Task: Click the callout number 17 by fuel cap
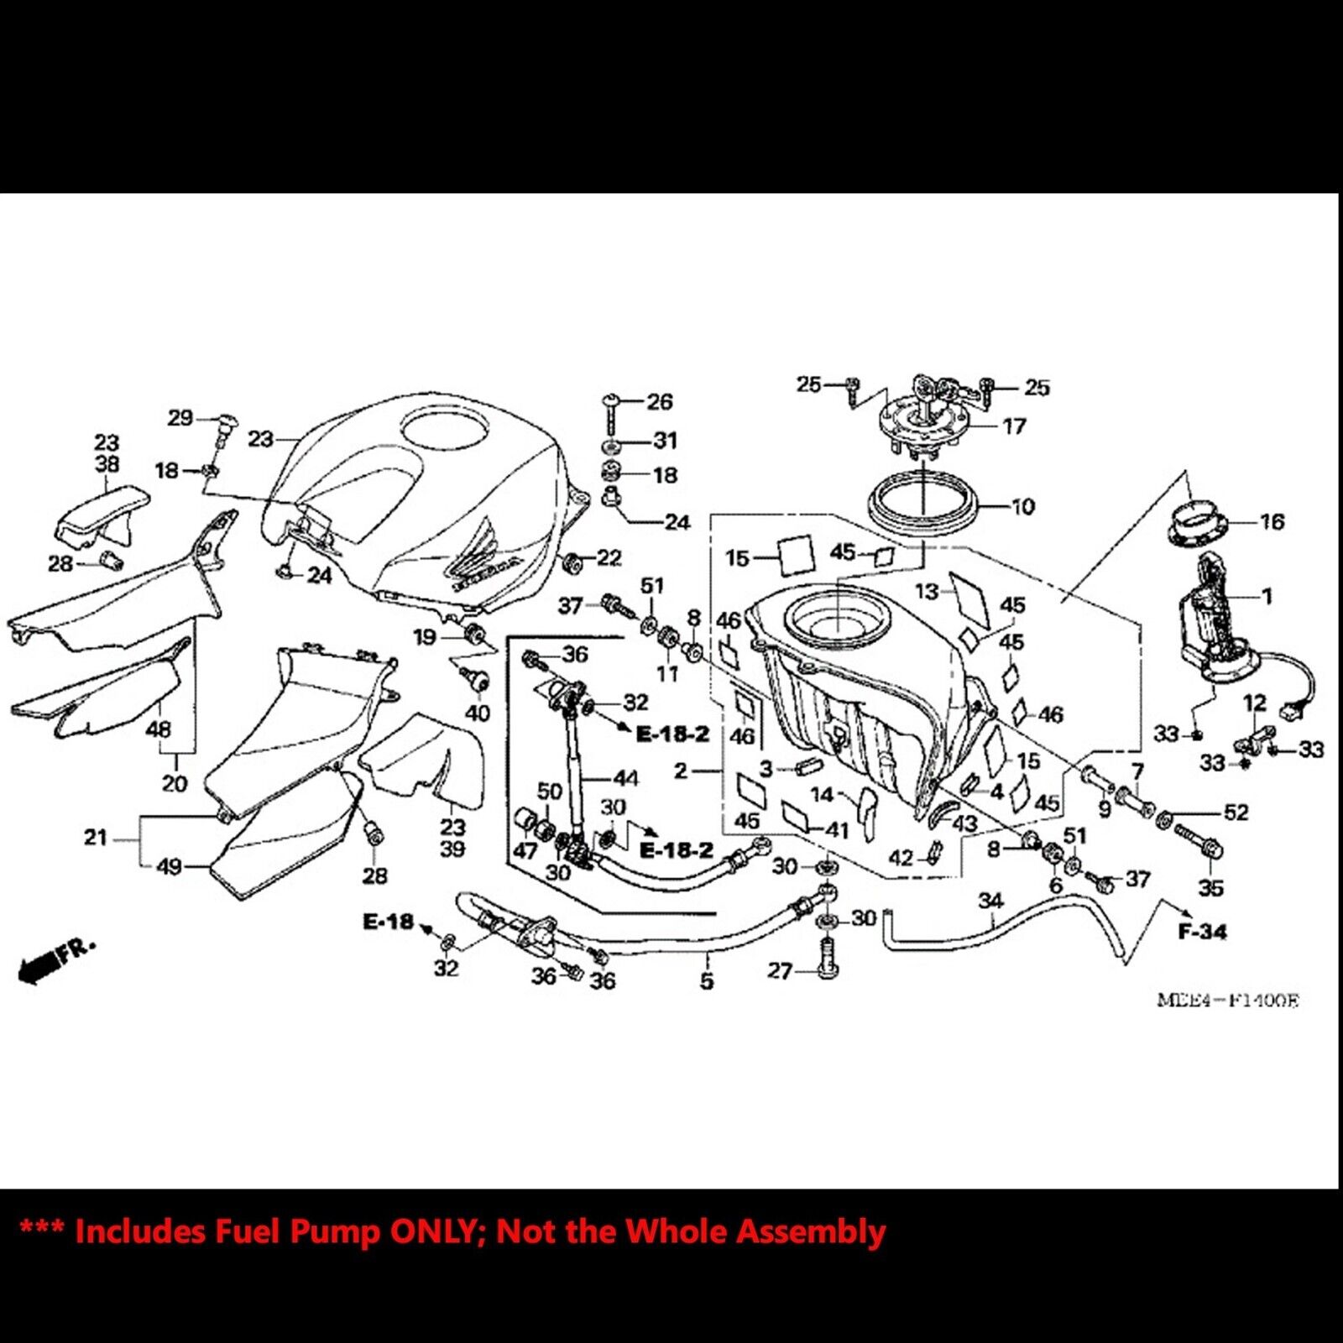pyautogui.click(x=1014, y=426)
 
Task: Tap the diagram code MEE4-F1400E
pyautogui.click(x=1227, y=1000)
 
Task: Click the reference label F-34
pyautogui.click(x=1202, y=931)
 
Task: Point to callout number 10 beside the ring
pyautogui.click(x=1023, y=506)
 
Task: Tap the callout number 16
pyautogui.click(x=1272, y=521)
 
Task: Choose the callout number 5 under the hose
pyautogui.click(x=707, y=980)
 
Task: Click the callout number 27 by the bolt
pyautogui.click(x=780, y=970)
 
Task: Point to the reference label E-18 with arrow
pyautogui.click(x=388, y=922)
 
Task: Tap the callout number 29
pyautogui.click(x=180, y=417)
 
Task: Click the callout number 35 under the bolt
pyautogui.click(x=1210, y=887)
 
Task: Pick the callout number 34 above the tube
pyautogui.click(x=991, y=901)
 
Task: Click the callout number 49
pyautogui.click(x=170, y=865)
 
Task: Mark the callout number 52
pyautogui.click(x=1236, y=812)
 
